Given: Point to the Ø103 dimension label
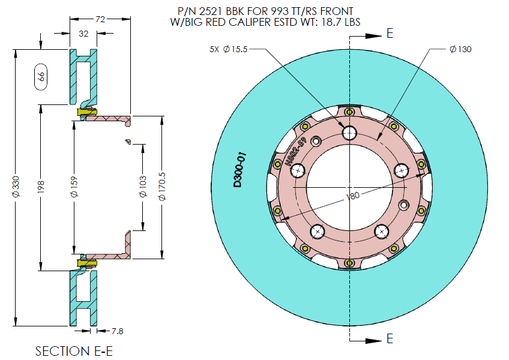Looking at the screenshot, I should (143, 187).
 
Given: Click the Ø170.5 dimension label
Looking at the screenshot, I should (162, 187).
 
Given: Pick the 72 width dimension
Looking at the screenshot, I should (100, 20).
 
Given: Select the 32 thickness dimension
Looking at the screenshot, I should (83, 34).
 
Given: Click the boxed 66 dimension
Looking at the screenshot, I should (41, 76).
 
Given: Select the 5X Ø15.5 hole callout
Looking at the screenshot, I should (227, 49).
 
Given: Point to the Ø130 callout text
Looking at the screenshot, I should (460, 49).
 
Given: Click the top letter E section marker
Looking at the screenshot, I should (390, 33).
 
